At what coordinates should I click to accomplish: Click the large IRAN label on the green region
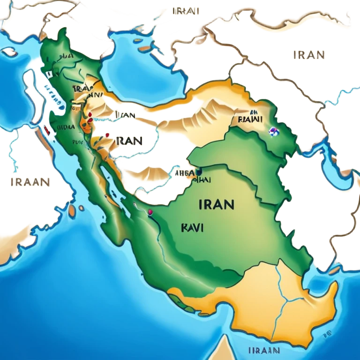tap(216, 204)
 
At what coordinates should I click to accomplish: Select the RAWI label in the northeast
tap(249, 120)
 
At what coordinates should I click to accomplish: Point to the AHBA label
tap(183, 172)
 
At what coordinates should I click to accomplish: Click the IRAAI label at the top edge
tap(186, 11)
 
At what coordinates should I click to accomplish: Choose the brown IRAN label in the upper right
tap(309, 54)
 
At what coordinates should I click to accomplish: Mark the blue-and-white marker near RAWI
tap(271, 132)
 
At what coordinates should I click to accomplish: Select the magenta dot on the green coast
tap(150, 213)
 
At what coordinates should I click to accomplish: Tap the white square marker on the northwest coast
tap(48, 74)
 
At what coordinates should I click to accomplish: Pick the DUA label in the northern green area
tap(66, 56)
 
